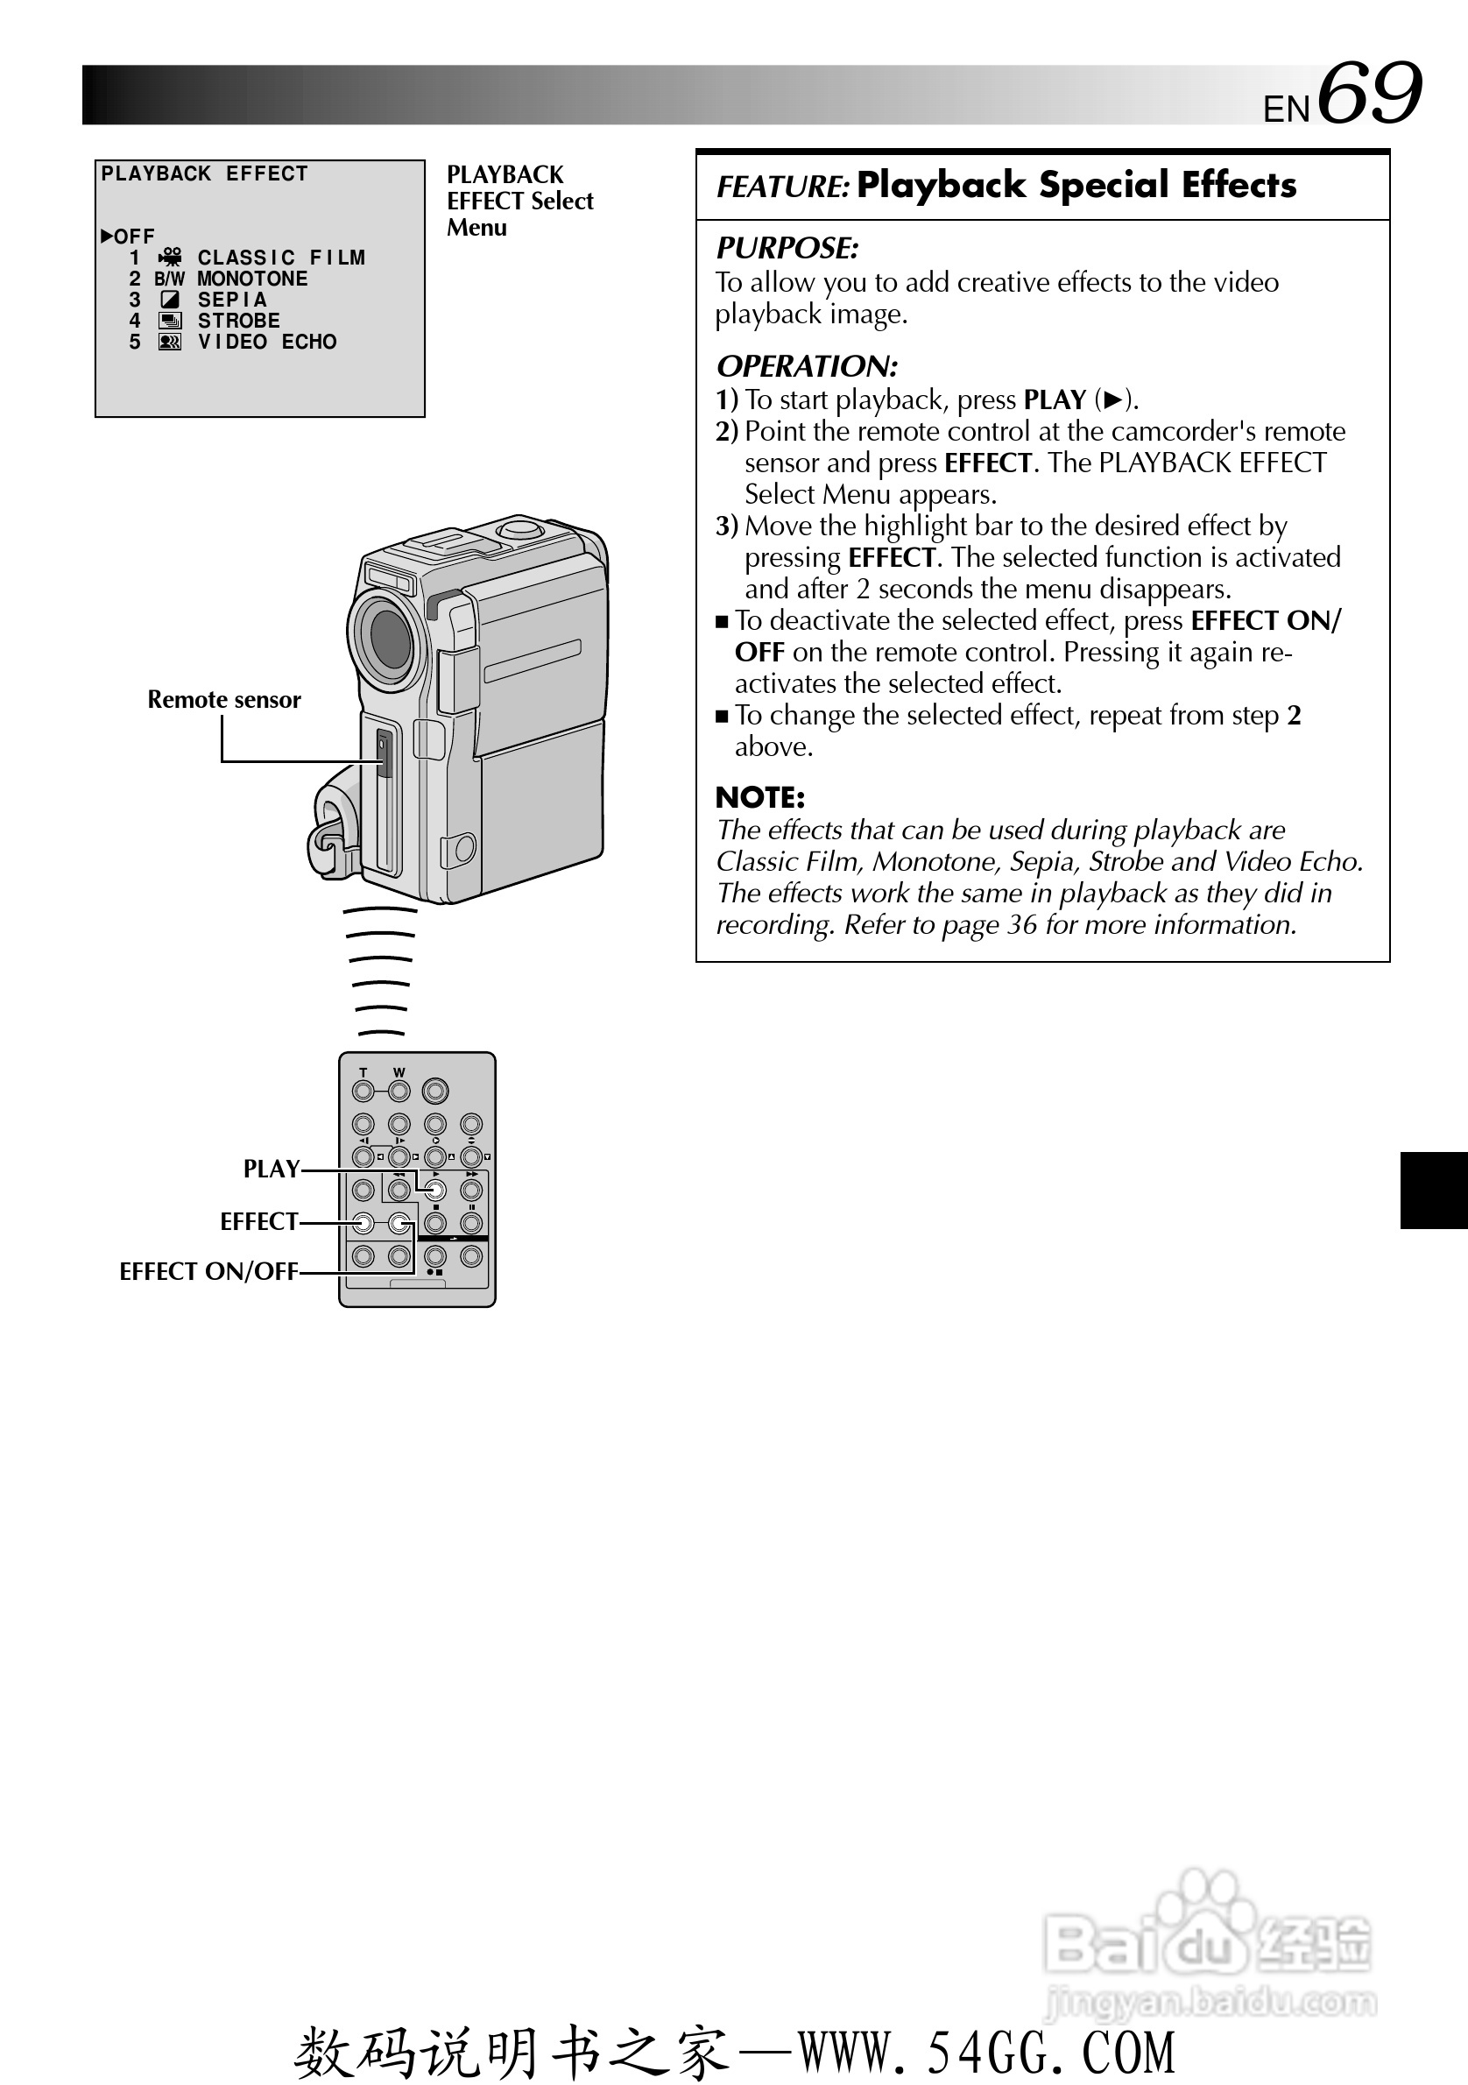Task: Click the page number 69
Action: tap(1369, 93)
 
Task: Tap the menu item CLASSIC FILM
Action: tap(280, 258)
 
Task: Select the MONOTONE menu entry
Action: tap(252, 279)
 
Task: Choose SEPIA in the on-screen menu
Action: tap(232, 300)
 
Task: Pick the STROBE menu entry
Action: tap(239, 321)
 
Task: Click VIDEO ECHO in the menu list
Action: tap(267, 343)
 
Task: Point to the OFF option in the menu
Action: tap(133, 237)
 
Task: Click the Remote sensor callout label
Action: tap(224, 699)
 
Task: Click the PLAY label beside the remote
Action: tap(272, 1169)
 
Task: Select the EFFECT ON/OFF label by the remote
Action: tap(208, 1271)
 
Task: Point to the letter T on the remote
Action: tap(363, 1072)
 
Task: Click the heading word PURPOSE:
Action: tap(787, 248)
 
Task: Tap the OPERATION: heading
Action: tap(807, 366)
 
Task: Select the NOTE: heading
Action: tap(760, 797)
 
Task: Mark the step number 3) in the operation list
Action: tap(726, 526)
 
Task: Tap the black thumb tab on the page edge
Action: tap(1434, 1190)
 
